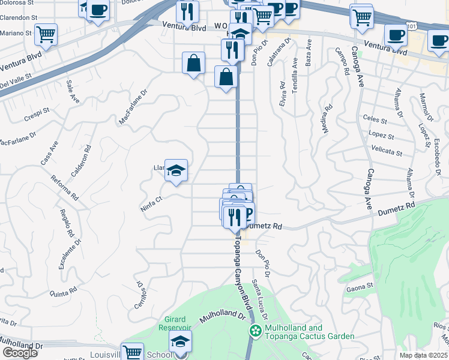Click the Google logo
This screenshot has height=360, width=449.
(x=20, y=353)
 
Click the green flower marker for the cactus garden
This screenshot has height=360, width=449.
(x=256, y=331)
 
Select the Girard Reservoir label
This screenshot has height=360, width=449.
(x=174, y=323)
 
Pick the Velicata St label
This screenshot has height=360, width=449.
(x=386, y=152)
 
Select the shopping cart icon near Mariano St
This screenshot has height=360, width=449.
(x=46, y=34)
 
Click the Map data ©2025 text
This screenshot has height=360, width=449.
(x=424, y=355)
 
